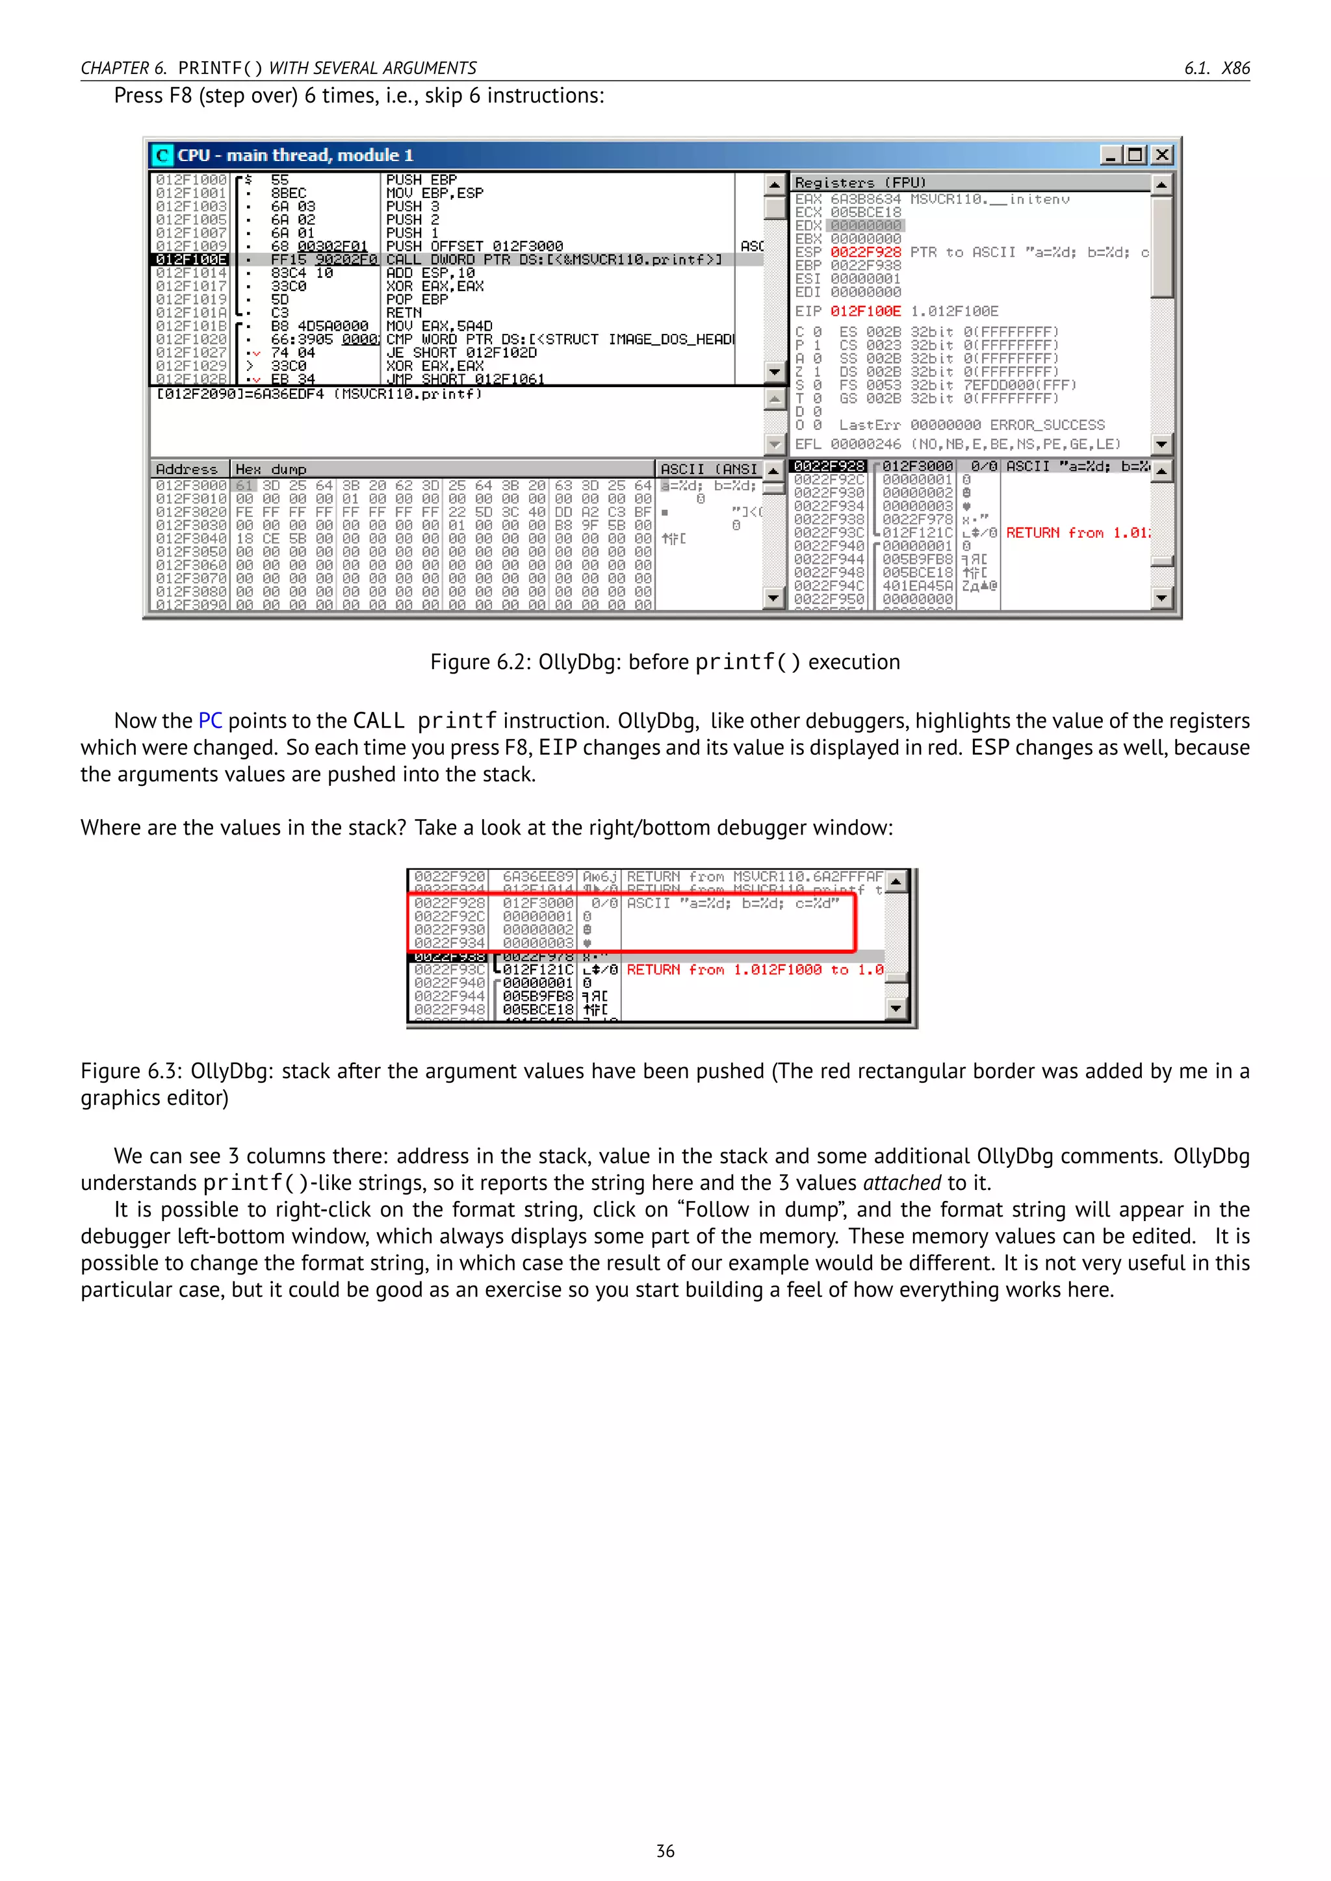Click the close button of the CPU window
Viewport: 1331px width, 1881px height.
tap(1161, 155)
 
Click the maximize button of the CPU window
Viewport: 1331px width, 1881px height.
tap(1136, 155)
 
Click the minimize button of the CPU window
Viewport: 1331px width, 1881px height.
tap(1111, 155)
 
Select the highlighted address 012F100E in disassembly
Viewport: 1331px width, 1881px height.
tap(191, 260)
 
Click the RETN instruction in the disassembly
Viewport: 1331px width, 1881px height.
tap(404, 313)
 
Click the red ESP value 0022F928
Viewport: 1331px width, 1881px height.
tap(866, 252)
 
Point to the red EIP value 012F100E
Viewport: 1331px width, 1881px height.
tap(866, 311)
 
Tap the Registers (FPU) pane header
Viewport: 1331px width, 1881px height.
tap(860, 183)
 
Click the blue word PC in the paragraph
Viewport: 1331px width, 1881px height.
tap(210, 721)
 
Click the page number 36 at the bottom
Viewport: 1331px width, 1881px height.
tap(665, 1850)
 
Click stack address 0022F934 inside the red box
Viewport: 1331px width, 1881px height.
tap(449, 943)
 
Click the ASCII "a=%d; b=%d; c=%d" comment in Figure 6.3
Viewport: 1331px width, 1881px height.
tap(732, 903)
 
